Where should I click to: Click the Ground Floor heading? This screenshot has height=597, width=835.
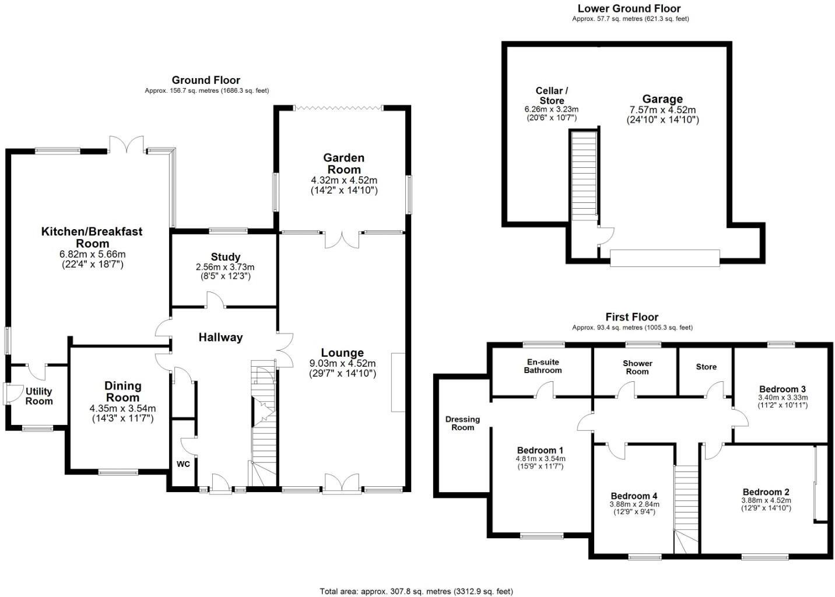[x=206, y=80]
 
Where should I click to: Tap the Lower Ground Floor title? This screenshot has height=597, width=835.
[x=629, y=8]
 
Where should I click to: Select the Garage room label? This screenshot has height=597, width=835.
[x=662, y=99]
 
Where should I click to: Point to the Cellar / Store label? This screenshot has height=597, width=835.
[x=552, y=96]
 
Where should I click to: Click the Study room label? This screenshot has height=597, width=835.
[x=226, y=257]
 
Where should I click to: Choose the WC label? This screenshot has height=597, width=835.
[x=183, y=465]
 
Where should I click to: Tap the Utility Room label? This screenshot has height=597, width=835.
[x=39, y=396]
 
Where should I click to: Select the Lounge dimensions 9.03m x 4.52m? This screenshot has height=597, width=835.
[x=342, y=363]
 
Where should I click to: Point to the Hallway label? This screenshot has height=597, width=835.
[x=220, y=338]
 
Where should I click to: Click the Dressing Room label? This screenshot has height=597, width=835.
[x=462, y=423]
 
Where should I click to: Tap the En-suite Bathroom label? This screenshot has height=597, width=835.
[x=542, y=366]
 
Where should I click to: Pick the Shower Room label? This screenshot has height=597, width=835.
[x=637, y=367]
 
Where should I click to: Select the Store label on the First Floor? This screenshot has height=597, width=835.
[x=706, y=367]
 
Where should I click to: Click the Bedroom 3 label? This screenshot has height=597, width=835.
[x=783, y=389]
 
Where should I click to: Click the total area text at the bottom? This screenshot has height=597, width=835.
[x=416, y=591]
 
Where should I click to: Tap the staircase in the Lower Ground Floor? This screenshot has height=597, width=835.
[x=584, y=175]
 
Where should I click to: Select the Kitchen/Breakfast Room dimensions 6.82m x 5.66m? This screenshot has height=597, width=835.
[x=92, y=254]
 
